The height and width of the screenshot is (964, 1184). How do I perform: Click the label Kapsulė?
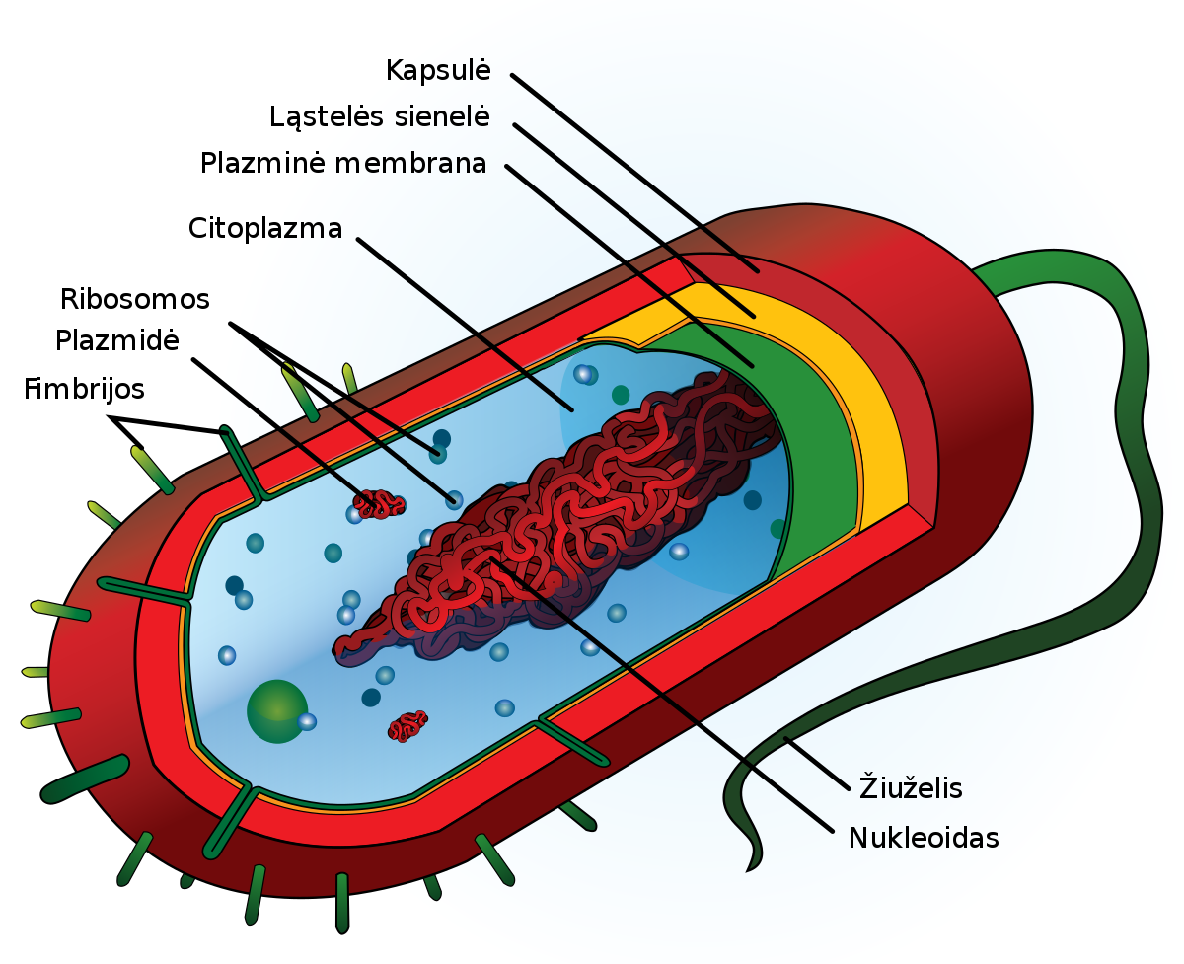[437, 71]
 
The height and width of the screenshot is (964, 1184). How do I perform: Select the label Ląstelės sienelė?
[380, 116]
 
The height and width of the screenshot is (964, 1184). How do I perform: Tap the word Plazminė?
[261, 163]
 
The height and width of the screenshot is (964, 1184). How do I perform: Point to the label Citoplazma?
[265, 229]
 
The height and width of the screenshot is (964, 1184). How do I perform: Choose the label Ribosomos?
[135, 299]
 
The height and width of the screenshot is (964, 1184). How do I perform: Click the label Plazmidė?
[116, 341]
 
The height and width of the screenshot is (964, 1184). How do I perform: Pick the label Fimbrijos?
[84, 389]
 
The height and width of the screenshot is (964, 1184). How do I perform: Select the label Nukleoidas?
[924, 839]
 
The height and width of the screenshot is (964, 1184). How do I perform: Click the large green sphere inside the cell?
[276, 710]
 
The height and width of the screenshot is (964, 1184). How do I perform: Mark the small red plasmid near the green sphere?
[407, 726]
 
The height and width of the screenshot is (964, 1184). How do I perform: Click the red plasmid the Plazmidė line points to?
[380, 504]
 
